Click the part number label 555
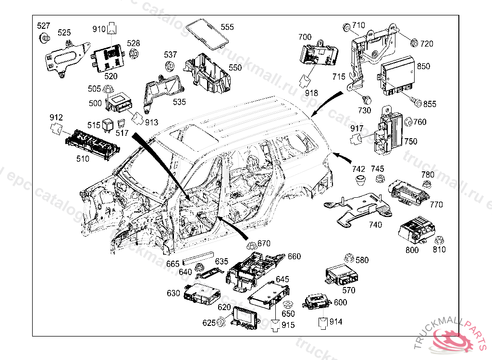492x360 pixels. [x=227, y=27]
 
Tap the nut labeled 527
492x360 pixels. [x=45, y=37]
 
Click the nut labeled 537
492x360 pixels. [x=170, y=65]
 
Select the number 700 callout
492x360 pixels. [x=305, y=37]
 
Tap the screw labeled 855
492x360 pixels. [x=416, y=103]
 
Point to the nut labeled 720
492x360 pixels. [x=413, y=44]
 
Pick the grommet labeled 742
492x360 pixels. [x=360, y=180]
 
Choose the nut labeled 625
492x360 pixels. [x=221, y=323]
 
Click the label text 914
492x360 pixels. [x=336, y=322]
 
